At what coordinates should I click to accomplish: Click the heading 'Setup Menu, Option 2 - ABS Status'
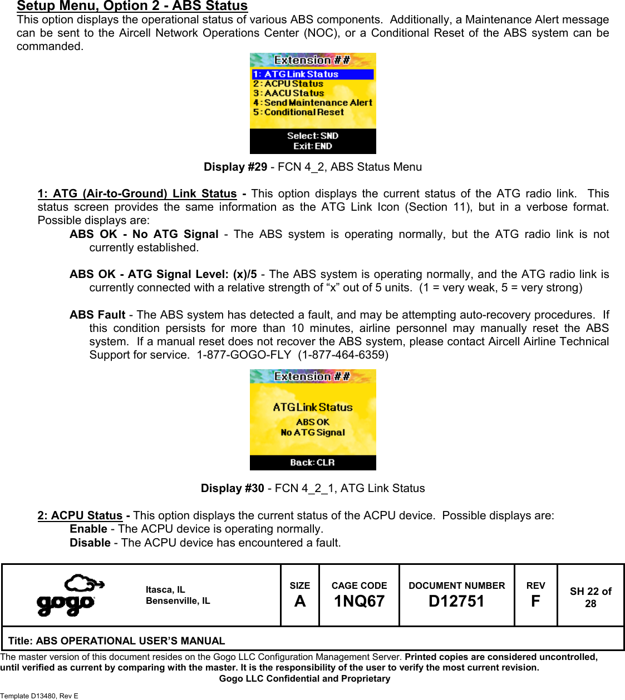tap(132, 6)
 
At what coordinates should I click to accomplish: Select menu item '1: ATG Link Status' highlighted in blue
tap(301, 74)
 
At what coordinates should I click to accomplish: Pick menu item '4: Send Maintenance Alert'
tap(312, 102)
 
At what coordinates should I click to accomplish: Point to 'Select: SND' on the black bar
tap(312, 136)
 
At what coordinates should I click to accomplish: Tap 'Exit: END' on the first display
tap(312, 146)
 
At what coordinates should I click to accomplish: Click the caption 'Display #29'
tap(235, 167)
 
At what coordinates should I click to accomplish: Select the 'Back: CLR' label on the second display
tap(312, 462)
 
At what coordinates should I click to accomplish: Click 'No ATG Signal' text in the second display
tap(313, 432)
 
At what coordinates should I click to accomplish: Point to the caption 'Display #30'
tap(232, 488)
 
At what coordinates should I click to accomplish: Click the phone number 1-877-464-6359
tap(343, 355)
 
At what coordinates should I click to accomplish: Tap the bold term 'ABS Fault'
tap(97, 315)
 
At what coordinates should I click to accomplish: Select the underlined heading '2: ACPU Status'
tap(80, 515)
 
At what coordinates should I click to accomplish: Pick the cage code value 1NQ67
tap(359, 601)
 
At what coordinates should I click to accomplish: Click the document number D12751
tap(456, 601)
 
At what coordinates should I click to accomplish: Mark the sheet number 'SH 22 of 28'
tap(590, 597)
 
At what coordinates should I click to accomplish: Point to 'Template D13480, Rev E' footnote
tap(40, 696)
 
